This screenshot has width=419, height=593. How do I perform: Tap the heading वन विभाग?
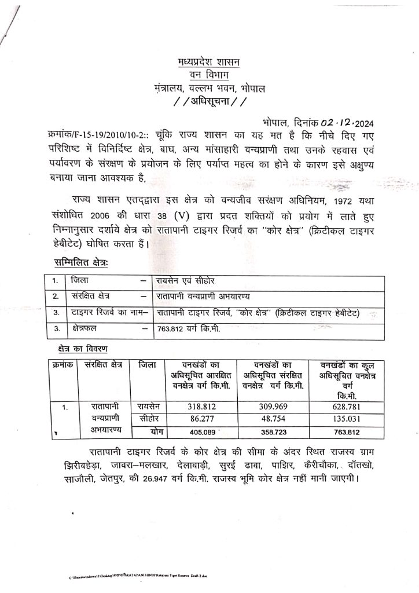click(210, 75)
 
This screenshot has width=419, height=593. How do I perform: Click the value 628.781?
click(347, 407)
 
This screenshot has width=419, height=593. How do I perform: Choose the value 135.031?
click(347, 419)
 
